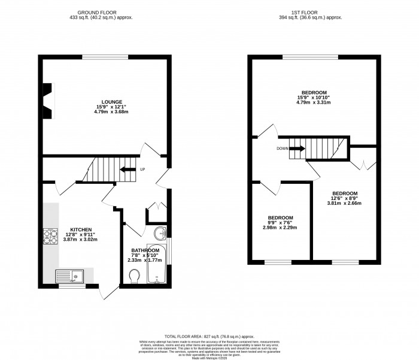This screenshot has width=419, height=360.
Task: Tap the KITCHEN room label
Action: [81, 229]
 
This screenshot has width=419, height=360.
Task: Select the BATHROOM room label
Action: [145, 250]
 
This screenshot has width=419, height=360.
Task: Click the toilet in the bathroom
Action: [135, 275]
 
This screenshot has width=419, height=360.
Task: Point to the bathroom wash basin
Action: [159, 233]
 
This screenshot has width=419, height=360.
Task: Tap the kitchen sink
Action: [71, 276]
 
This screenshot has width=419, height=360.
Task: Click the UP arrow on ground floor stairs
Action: [127, 170]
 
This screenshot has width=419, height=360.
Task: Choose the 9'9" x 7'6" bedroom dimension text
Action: [280, 222]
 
